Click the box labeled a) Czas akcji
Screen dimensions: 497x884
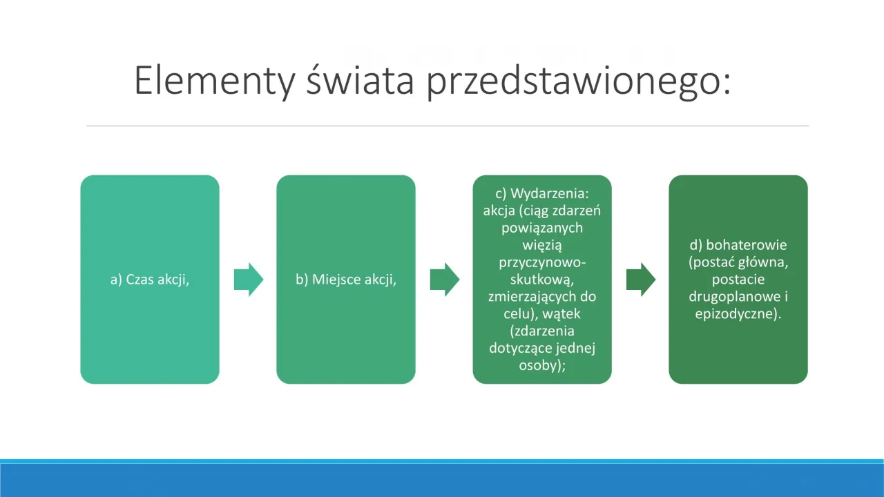(x=150, y=280)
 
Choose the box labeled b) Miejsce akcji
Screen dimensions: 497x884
(x=346, y=280)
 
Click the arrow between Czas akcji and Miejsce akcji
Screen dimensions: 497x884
(x=249, y=280)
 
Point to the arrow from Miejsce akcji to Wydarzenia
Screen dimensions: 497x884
(x=445, y=280)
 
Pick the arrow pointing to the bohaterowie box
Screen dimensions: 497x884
(x=641, y=280)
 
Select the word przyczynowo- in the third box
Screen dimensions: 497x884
(x=542, y=262)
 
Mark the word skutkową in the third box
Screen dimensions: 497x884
(x=542, y=280)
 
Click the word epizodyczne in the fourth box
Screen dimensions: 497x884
(x=735, y=314)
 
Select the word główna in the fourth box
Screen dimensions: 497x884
(x=765, y=262)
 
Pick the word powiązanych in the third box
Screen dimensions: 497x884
(x=542, y=228)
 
